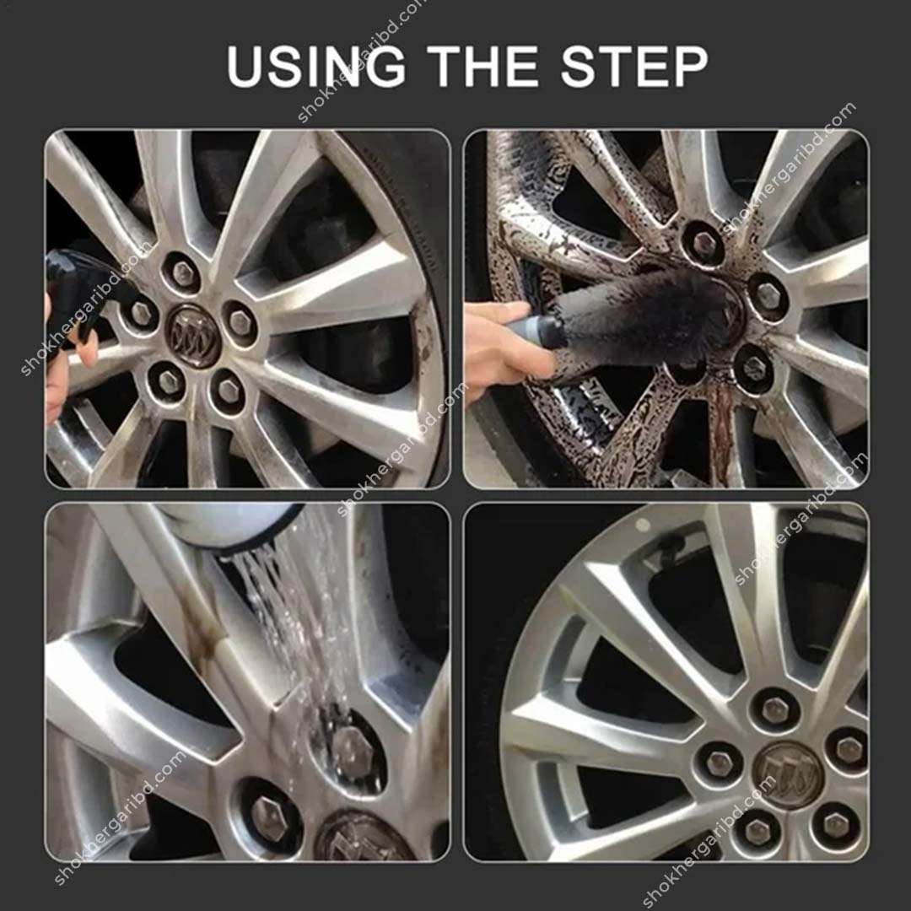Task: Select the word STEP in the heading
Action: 634,67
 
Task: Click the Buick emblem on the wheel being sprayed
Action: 193,335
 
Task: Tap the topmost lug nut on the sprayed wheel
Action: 183,272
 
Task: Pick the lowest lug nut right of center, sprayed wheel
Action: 229,389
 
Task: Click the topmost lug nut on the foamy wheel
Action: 703,244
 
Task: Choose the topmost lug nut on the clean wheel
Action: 775,709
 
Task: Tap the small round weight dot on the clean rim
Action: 643,525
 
